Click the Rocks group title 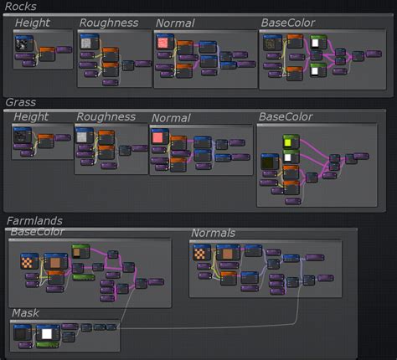tap(20, 6)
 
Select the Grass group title tap(20, 102)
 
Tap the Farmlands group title tap(34, 220)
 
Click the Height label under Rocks tap(32, 23)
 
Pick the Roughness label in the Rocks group tap(109, 23)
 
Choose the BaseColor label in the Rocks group tap(290, 23)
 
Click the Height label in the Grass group tap(31, 117)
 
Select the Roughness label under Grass tap(106, 117)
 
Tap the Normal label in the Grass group tap(170, 118)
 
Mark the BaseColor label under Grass tap(286, 116)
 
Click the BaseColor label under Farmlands tap(37, 231)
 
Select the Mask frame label tap(25, 313)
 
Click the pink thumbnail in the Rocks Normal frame tap(162, 42)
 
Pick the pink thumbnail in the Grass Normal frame tap(157, 136)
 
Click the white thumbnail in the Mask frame tap(47, 334)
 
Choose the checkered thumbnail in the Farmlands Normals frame tap(201, 253)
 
